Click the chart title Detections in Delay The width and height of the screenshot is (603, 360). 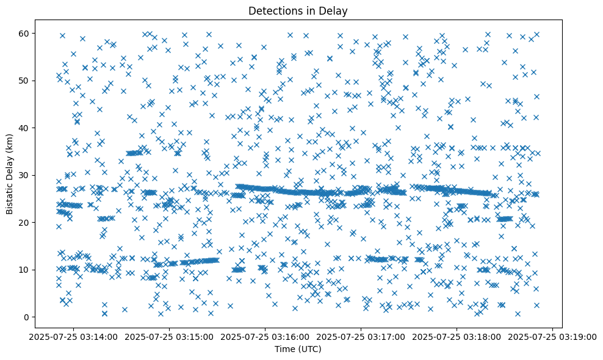[x=298, y=10]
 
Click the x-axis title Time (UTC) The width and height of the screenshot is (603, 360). [x=298, y=349]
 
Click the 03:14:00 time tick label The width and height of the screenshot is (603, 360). [x=74, y=336]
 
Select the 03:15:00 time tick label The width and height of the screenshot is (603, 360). [x=170, y=336]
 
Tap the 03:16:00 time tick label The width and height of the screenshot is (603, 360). [x=265, y=336]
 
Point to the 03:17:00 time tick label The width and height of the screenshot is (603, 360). [x=361, y=336]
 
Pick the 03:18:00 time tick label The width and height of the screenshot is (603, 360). [x=457, y=336]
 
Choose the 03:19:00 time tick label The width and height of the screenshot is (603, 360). [x=552, y=336]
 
